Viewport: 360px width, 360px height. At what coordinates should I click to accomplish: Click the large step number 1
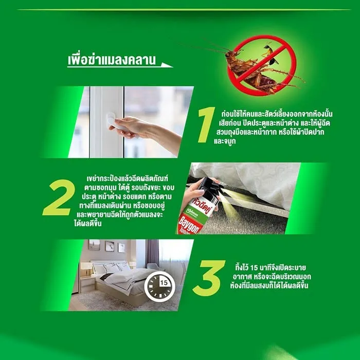click(206, 125)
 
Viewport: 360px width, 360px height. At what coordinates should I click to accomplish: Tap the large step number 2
click(59, 197)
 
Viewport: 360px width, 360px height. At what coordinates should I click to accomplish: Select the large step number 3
click(208, 278)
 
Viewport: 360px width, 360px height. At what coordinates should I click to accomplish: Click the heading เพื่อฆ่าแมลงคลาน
click(112, 60)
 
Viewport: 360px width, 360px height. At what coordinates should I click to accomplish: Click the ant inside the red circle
click(270, 54)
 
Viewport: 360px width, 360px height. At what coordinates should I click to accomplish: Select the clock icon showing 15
click(159, 286)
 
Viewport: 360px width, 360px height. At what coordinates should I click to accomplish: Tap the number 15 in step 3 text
click(255, 268)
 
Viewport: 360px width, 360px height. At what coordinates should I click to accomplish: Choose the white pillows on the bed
click(110, 267)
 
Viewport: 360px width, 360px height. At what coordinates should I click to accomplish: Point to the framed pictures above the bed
click(106, 246)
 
